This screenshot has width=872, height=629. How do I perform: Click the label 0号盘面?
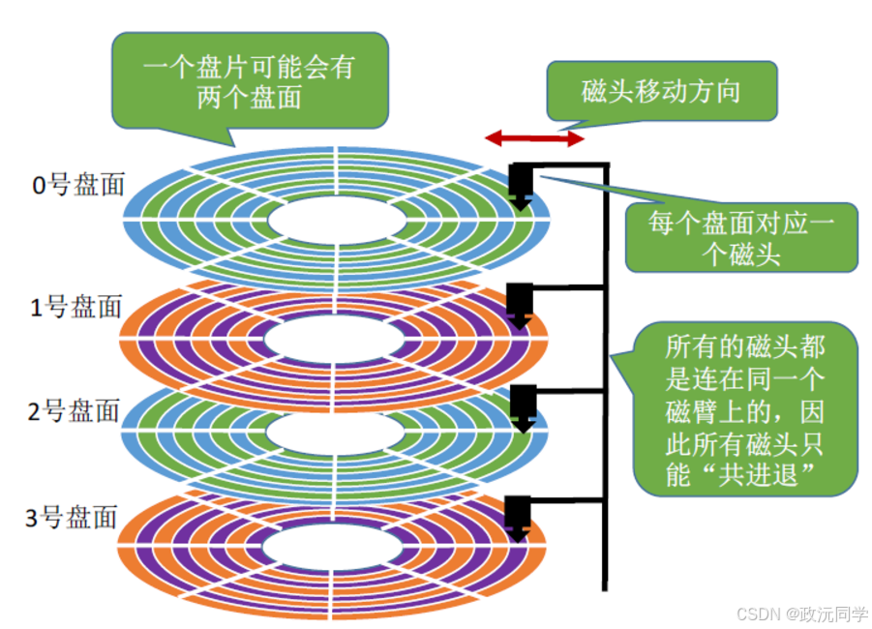pyautogui.click(x=78, y=184)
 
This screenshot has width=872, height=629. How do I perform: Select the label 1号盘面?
pyautogui.click(x=76, y=308)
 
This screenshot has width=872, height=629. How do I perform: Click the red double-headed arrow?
pyautogui.click(x=535, y=138)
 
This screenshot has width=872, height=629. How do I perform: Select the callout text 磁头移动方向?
pyautogui.click(x=661, y=92)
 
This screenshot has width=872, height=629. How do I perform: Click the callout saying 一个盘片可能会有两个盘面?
pyautogui.click(x=250, y=83)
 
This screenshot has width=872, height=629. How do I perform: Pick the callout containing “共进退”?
pyautogui.click(x=745, y=410)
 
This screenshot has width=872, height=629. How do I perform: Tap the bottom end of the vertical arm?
pyautogui.click(x=606, y=584)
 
